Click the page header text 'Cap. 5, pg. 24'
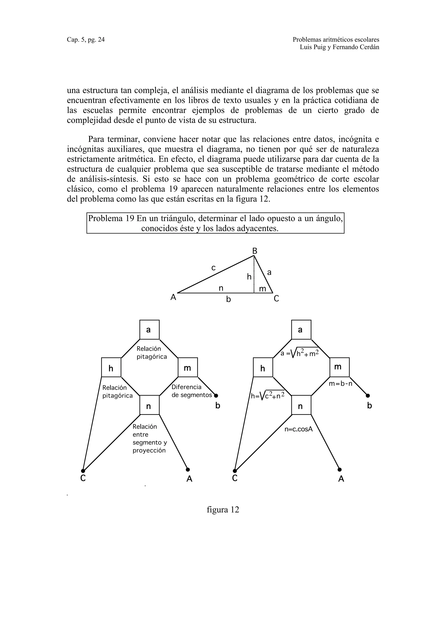86,40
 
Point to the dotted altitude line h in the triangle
254,278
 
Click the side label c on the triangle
213,267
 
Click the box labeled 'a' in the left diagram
149,329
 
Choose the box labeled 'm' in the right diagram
339,367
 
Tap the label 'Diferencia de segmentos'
192,391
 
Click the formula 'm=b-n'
340,384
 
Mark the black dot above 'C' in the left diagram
83,471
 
